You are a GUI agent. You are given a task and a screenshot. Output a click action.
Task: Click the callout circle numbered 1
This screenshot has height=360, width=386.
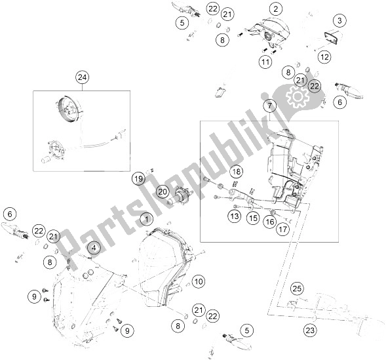(x=148, y=218)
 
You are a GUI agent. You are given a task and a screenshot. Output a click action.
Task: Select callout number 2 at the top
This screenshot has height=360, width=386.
(x=275, y=9)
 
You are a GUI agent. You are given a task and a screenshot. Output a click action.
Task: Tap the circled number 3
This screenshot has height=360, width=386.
(x=338, y=21)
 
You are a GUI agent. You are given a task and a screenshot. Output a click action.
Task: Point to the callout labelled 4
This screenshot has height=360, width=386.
(x=94, y=248)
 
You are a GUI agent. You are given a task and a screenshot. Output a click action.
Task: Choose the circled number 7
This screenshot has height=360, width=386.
(x=268, y=106)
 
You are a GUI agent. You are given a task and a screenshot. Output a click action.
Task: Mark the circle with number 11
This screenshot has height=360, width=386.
(x=264, y=62)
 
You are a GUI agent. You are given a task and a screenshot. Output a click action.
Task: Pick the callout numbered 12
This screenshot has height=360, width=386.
(x=324, y=57)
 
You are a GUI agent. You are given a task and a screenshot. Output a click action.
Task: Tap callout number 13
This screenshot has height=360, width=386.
(x=235, y=215)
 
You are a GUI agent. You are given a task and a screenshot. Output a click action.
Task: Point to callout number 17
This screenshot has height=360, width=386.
(x=282, y=230)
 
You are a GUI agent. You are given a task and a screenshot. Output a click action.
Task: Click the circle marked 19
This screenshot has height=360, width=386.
(x=138, y=178)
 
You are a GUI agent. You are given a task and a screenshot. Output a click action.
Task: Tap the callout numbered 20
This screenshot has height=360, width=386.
(x=163, y=191)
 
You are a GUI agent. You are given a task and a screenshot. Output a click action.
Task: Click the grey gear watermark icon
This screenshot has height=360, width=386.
(x=301, y=98)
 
